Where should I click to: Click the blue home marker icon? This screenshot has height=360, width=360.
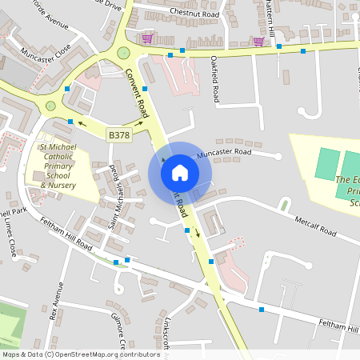(x=180, y=172)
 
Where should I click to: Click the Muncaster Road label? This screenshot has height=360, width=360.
(x=224, y=152)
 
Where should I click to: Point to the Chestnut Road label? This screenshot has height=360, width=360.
(x=194, y=14)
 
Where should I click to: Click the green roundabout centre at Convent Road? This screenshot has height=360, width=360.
(x=123, y=53)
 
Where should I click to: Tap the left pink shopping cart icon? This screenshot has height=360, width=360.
(x=147, y=38)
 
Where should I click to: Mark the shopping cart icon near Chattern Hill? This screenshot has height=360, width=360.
(x=258, y=42)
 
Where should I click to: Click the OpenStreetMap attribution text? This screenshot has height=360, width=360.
(x=80, y=354)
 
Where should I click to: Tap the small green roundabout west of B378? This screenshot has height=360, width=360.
(x=51, y=106)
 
